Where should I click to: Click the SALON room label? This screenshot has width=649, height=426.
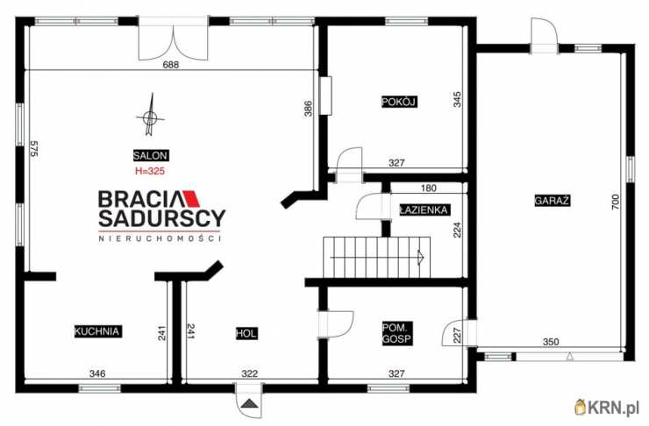point(150,155)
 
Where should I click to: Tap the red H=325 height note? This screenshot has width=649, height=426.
point(150,171)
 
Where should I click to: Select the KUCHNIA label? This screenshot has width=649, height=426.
point(96,331)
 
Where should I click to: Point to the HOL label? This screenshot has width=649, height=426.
point(246,333)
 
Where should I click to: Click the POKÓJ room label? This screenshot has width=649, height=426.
point(399,102)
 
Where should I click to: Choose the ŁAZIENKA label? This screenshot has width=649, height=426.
point(424,209)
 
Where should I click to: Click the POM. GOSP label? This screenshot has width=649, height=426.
point(397,333)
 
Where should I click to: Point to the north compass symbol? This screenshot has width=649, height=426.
point(150,115)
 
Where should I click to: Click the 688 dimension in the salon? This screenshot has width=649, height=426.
point(171,65)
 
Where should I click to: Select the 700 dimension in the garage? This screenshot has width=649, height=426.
point(616,202)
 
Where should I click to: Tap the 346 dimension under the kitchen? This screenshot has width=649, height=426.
point(97,373)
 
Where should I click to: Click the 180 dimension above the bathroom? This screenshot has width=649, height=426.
point(428,188)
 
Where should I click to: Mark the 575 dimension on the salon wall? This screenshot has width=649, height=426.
point(34,148)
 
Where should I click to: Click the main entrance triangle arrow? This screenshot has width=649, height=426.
point(249,403)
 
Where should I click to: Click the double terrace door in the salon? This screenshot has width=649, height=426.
point(173,39)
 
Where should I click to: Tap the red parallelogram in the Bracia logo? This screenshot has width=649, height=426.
point(191,198)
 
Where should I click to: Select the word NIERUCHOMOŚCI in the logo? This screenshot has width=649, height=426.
point(160,238)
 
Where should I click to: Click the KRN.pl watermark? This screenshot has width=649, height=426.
point(607,408)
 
